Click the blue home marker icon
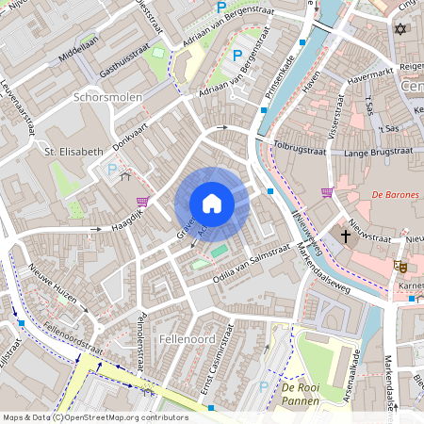pos(212,204)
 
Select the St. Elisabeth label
pos(73,151)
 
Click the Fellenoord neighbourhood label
pos(188,337)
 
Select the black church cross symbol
pos(346,236)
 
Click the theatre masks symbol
pos(400,267)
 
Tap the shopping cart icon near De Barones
pos(326,192)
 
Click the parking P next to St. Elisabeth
pos(113,171)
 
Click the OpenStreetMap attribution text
pos(95,416)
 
